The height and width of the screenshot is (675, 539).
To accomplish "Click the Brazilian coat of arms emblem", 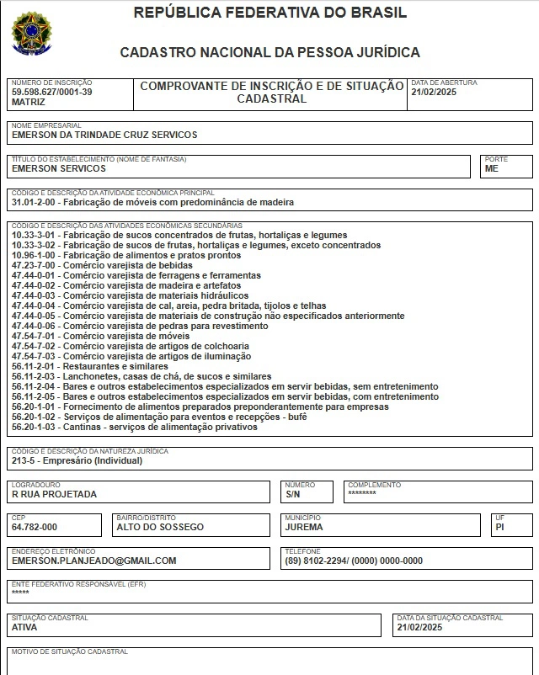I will tap(31, 33).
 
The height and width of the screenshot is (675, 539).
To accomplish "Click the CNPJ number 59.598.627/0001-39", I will tap(52, 92).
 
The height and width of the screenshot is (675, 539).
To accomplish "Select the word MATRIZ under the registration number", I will tap(29, 101).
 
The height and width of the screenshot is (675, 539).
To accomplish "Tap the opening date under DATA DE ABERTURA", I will tap(433, 93).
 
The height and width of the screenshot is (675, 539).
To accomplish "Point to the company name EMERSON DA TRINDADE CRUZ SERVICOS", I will tap(104, 135).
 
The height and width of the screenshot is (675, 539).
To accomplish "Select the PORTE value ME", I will tap(492, 168).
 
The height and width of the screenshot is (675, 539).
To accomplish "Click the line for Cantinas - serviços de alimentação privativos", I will tap(135, 427).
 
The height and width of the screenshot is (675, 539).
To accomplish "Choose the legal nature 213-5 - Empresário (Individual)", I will tap(77, 460).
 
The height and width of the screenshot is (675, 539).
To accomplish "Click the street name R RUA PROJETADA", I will tap(54, 494).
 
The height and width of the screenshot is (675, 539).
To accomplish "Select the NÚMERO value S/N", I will tap(292, 494).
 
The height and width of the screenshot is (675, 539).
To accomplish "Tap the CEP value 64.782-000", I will tap(35, 527).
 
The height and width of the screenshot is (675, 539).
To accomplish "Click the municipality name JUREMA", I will tap(304, 527).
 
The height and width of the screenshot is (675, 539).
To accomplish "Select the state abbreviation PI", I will tap(500, 527).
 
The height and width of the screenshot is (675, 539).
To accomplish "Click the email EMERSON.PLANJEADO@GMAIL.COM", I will tap(94, 561).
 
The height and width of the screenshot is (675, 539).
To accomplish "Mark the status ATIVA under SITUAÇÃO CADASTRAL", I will tap(24, 627).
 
